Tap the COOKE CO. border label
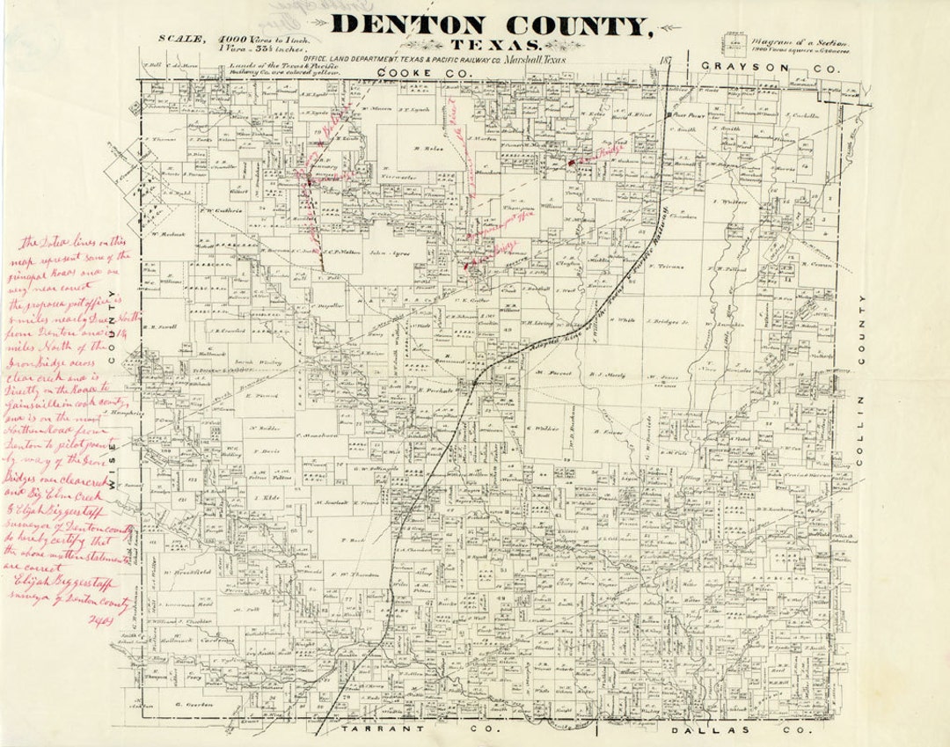[x=407, y=71]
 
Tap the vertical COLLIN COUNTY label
[x=862, y=378]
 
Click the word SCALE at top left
[x=181, y=38]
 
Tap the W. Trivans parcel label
[x=671, y=265]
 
